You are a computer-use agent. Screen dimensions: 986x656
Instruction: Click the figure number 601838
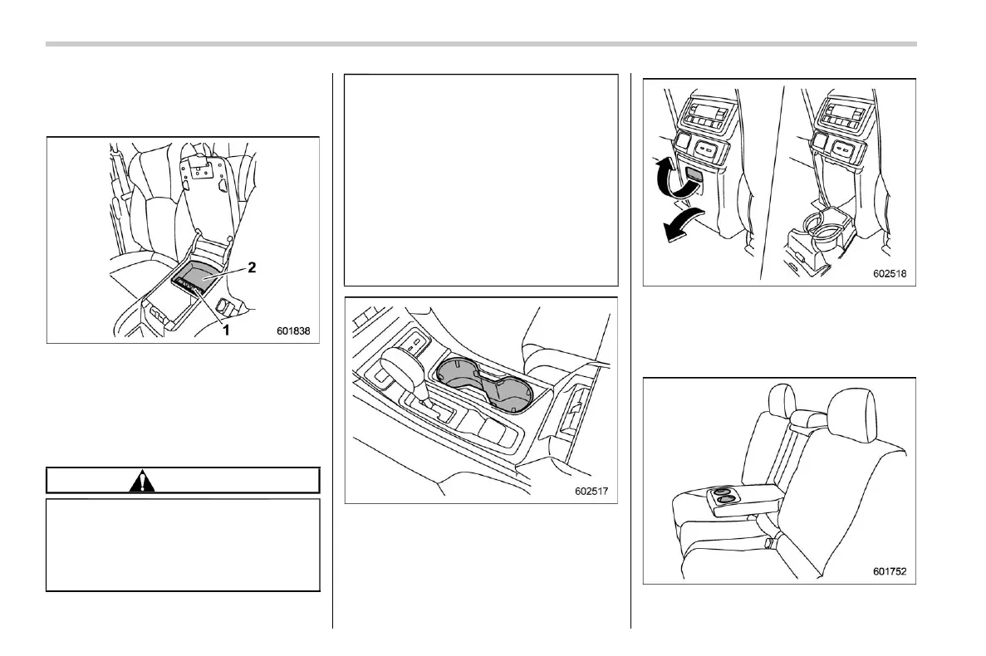[292, 330]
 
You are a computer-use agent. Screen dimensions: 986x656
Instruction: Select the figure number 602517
[591, 490]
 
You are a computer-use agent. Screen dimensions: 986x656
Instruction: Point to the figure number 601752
[889, 570]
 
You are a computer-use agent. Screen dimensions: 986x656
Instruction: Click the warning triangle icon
[143, 481]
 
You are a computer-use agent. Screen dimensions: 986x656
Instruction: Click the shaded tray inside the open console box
[202, 278]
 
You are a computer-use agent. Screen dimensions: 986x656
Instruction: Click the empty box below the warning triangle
[183, 544]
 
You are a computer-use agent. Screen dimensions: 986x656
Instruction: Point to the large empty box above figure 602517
[481, 180]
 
